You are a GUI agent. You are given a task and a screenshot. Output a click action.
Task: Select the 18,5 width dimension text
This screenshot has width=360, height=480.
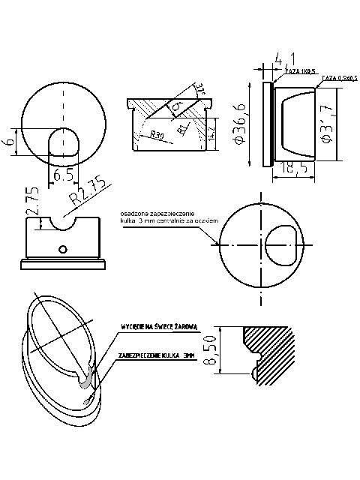tap(298, 169)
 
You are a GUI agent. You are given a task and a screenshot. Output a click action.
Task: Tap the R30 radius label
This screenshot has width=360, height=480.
tap(157, 135)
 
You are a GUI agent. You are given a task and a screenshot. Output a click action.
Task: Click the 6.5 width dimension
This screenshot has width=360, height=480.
tap(64, 175)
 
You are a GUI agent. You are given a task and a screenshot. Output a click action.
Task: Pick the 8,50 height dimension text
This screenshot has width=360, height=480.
tap(211, 349)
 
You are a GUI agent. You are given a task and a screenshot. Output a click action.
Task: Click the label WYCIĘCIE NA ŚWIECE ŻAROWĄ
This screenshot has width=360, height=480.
tap(160, 327)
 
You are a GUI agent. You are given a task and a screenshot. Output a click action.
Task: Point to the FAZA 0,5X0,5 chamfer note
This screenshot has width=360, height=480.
tap(339, 78)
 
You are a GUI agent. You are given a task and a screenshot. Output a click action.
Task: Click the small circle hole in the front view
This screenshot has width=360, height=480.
tap(64, 248)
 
